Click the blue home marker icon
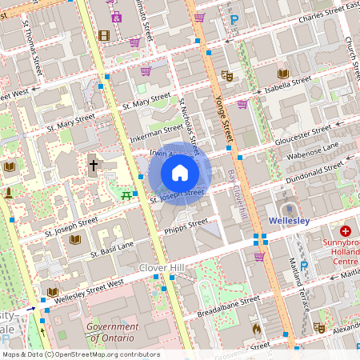click(x=180, y=172)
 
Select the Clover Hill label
click(x=162, y=267)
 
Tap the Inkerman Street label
click(x=156, y=130)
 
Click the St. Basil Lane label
click(x=111, y=249)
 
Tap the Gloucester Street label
click(x=305, y=130)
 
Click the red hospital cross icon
click(x=345, y=230)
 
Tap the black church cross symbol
click(x=93, y=166)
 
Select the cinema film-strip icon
click(x=104, y=35)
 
